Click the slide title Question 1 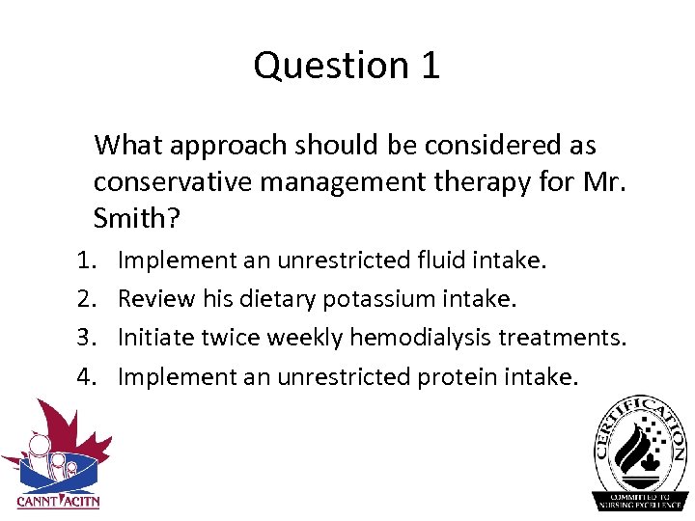pyautogui.click(x=347, y=66)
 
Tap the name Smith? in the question pyautogui.click(x=136, y=218)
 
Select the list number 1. pyautogui.click(x=85, y=260)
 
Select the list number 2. pyautogui.click(x=85, y=299)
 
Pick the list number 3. pyautogui.click(x=85, y=338)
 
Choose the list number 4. pyautogui.click(x=85, y=376)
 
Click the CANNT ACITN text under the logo pyautogui.click(x=58, y=501)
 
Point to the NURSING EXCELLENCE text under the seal pyautogui.click(x=639, y=505)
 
